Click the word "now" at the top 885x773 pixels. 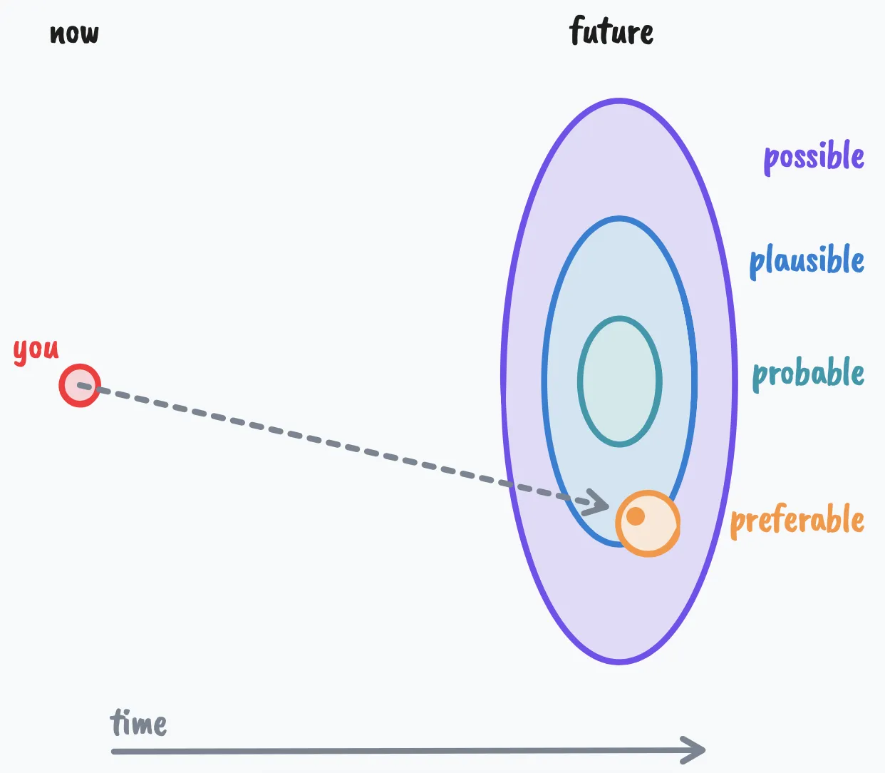coord(74,34)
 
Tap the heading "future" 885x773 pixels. coord(611,32)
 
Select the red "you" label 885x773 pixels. coord(36,350)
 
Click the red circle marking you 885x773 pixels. coord(79,386)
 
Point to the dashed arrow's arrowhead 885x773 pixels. coord(599,503)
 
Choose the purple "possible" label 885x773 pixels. coord(814,157)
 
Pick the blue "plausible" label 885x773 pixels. coord(807,261)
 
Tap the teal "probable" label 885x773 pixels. coord(808,374)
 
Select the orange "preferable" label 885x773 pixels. coord(797,520)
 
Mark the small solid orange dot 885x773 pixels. coord(636,516)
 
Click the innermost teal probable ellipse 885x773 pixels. coord(619,382)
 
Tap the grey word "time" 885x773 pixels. coord(138,723)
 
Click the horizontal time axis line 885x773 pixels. coord(399,751)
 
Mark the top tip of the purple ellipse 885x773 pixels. coord(619,101)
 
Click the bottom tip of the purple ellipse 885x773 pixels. coord(619,662)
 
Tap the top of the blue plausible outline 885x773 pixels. coord(619,219)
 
